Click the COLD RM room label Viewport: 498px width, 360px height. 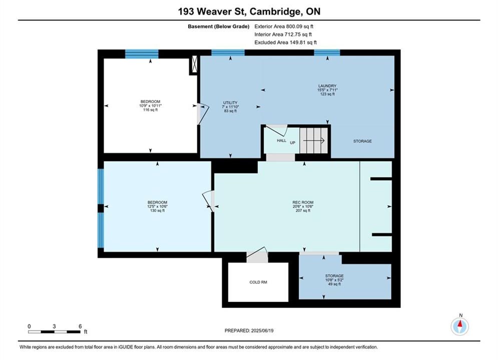pos(258,282)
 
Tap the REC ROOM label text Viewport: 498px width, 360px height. pos(303,202)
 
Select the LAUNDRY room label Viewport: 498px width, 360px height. pos(327,86)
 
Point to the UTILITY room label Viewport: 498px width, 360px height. pos(230,103)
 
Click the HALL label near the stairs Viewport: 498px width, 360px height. pos(281,140)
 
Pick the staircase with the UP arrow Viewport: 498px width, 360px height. pos(313,140)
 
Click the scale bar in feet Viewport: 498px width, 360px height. pos(54,332)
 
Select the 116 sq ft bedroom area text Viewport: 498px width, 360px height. pos(150,109)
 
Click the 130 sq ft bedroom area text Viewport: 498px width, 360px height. pos(157,210)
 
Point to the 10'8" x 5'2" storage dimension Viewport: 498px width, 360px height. pos(334,280)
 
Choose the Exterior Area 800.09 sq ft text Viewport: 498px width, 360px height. pos(284,26)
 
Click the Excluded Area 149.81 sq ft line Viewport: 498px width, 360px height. pos(285,42)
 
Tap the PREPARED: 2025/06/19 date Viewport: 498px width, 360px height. pos(249,330)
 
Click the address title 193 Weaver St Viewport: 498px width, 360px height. pos(212,11)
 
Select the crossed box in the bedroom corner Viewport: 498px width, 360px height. pos(194,64)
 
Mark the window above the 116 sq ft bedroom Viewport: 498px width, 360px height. pos(142,54)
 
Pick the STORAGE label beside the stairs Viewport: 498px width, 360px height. pos(362,141)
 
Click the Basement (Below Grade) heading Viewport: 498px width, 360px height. pos(219,26)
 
